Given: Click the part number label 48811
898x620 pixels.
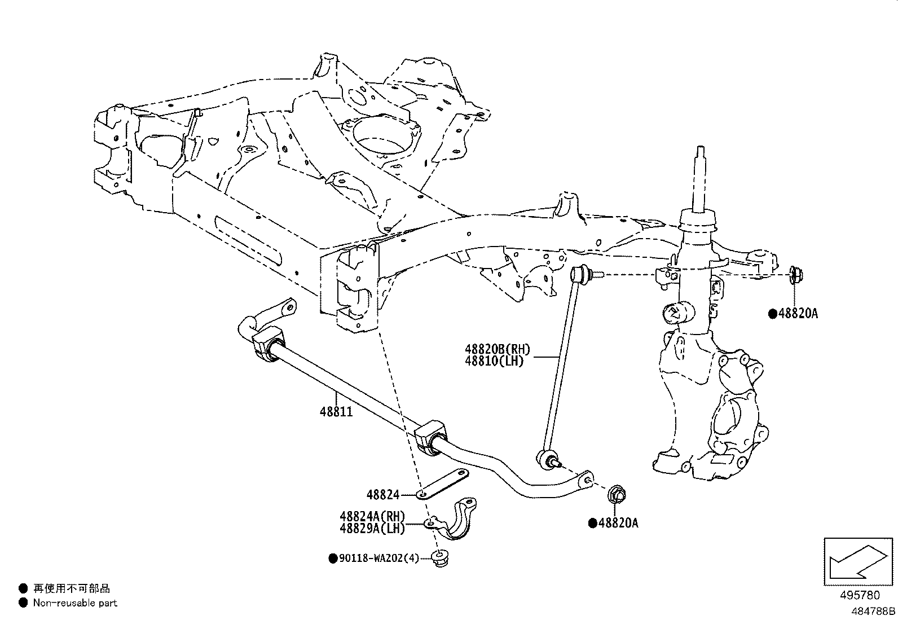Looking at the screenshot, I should pyautogui.click(x=336, y=412).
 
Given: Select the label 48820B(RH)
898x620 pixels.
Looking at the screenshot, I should pyautogui.click(x=498, y=350).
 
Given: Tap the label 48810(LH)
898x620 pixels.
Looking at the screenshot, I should pyautogui.click(x=495, y=361).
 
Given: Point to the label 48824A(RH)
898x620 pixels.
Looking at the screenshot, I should pyautogui.click(x=372, y=516).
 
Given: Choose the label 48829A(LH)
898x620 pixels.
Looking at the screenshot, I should pyautogui.click(x=372, y=529).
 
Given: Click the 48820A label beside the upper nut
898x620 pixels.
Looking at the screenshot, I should pyautogui.click(x=798, y=314).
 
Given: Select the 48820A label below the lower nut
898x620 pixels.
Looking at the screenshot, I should pyautogui.click(x=618, y=523).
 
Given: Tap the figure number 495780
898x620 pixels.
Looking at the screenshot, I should pyautogui.click(x=860, y=596).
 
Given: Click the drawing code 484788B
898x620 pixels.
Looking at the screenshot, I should pyautogui.click(x=873, y=611).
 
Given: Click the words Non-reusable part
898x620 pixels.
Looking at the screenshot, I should pyautogui.click(x=75, y=603).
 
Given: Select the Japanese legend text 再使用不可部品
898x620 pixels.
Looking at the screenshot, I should pyautogui.click(x=71, y=588).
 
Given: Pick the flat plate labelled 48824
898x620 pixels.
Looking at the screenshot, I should pyautogui.click(x=445, y=483).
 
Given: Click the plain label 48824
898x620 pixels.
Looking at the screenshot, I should pyautogui.click(x=382, y=495).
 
